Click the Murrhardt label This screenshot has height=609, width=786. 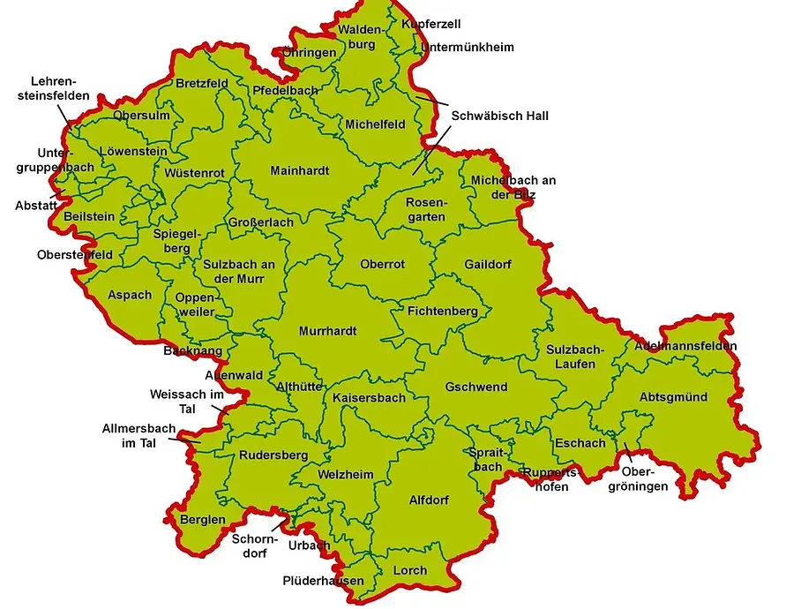327,331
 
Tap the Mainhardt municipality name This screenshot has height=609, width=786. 299,170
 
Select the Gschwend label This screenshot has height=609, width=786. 475,387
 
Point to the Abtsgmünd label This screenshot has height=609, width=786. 673,397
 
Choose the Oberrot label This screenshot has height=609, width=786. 382,264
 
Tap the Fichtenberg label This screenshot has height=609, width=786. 442,312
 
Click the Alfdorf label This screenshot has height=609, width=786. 429,500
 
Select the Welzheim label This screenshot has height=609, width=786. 345,475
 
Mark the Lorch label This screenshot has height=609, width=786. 409,571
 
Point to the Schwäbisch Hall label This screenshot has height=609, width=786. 499,116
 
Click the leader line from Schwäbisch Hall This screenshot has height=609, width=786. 430,149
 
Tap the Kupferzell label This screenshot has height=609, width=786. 430,24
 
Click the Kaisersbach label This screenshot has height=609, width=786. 369,398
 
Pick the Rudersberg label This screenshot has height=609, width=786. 273,455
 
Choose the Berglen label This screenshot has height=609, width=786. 203,520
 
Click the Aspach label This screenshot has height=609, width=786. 130,295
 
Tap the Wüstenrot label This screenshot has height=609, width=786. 188,172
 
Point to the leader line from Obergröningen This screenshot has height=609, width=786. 628,449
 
